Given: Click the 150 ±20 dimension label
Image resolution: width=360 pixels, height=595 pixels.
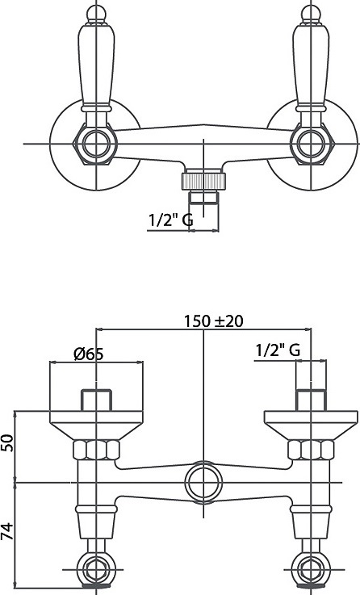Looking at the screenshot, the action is (214, 321).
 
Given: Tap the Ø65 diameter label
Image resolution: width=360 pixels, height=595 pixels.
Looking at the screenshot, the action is (89, 354).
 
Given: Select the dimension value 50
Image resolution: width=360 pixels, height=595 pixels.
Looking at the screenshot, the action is (7, 442).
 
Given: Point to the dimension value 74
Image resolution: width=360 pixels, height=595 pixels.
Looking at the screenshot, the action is (7, 531).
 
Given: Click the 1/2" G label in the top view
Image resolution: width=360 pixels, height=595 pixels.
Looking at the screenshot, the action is (170, 220).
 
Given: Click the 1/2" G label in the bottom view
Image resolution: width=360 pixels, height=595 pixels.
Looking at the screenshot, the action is (278, 350).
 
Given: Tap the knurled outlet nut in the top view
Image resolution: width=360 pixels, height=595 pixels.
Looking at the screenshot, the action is (203, 181).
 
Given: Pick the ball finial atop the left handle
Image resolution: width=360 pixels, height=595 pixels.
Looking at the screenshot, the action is (96, 14).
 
